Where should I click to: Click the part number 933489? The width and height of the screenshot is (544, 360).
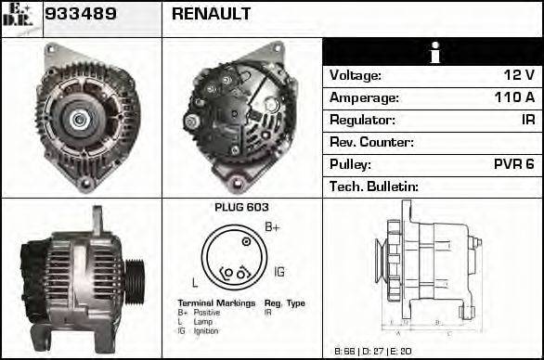[x=80, y=15]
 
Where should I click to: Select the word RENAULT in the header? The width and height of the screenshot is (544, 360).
[x=211, y=15]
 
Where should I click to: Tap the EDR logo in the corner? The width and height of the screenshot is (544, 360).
[x=19, y=17]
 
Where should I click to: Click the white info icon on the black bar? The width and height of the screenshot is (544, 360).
[x=433, y=53]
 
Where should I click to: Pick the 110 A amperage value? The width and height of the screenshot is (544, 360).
[x=514, y=97]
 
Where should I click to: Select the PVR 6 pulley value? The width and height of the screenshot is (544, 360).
[x=513, y=164]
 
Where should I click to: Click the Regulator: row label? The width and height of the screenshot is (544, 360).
[x=362, y=120]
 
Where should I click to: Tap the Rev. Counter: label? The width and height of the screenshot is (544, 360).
[x=371, y=142]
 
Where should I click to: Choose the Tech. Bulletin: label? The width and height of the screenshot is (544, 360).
[x=374, y=186]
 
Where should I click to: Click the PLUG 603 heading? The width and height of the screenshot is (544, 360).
[x=241, y=208]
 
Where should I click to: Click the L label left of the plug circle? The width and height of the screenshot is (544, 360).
[x=193, y=280]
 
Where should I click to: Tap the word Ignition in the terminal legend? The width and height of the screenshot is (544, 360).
[x=206, y=330]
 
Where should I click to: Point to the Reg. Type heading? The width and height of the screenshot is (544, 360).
[x=284, y=303]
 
